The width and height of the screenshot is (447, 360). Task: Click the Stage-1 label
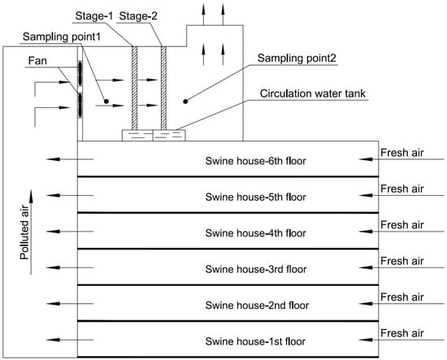tap(94, 16)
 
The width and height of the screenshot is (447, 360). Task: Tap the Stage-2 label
tap(138, 16)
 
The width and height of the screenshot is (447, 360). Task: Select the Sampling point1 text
tap(62, 37)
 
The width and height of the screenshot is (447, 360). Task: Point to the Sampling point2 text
tap(297, 59)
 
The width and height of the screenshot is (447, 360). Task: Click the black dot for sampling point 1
tap(106, 102)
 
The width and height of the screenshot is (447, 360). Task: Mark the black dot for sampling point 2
tap(185, 102)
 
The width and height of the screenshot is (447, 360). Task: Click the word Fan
tap(37, 61)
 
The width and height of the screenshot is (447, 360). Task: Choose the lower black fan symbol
tap(80, 105)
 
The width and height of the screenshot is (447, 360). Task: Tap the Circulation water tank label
tap(312, 93)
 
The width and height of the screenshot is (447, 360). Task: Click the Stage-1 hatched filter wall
tap(134, 88)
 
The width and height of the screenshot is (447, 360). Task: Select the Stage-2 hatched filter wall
tap(163, 88)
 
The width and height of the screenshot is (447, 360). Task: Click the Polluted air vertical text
tap(25, 232)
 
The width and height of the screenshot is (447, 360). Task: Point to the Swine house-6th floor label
tap(255, 161)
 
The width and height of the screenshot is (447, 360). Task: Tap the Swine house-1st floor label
tap(255, 341)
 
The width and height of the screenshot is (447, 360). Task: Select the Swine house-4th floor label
tap(255, 233)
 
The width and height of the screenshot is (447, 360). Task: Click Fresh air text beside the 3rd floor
tap(402, 261)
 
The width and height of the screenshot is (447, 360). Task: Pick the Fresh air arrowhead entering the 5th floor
tap(366, 195)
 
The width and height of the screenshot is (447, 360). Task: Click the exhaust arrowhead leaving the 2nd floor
tap(53, 304)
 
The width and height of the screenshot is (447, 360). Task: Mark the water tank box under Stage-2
tap(169, 136)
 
